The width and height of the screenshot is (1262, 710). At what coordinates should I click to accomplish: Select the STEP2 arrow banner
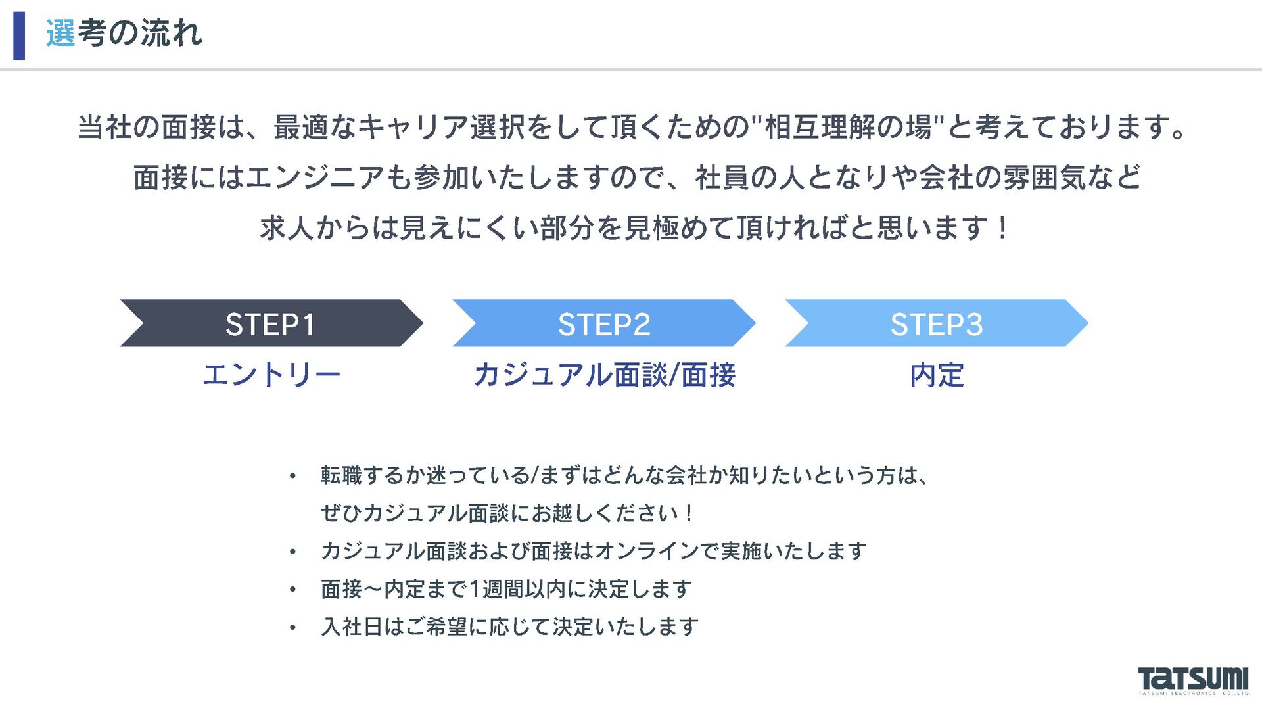[603, 323]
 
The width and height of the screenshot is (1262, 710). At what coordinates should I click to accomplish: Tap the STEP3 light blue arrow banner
[936, 323]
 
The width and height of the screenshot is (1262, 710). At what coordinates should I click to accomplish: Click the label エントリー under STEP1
[271, 375]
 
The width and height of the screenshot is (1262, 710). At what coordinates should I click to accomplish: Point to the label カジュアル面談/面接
[604, 375]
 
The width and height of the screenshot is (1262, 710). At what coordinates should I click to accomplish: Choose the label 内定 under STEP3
[937, 375]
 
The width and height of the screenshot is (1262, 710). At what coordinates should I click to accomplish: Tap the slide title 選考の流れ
[124, 33]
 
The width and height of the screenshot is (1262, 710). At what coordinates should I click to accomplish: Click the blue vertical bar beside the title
[19, 35]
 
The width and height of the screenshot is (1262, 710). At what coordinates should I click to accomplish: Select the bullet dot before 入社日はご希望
[292, 628]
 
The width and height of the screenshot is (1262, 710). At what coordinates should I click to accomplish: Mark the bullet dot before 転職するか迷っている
[292, 476]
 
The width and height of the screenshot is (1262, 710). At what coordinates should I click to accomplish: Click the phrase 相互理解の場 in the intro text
[848, 127]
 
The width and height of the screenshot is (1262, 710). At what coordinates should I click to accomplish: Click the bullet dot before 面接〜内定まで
[292, 590]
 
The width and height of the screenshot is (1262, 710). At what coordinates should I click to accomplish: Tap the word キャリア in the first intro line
[413, 127]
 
